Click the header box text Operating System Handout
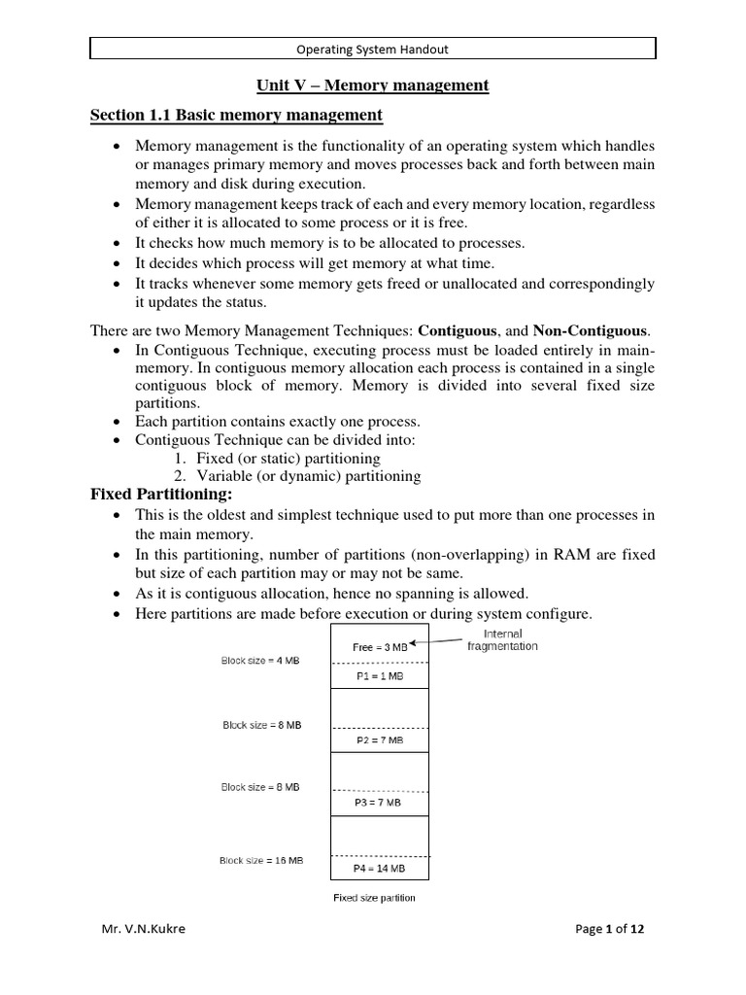(x=373, y=49)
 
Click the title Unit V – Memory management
(x=373, y=86)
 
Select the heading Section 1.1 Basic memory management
(x=236, y=117)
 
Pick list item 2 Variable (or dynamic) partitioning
(x=297, y=476)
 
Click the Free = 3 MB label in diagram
(x=374, y=646)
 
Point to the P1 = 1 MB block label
(x=379, y=676)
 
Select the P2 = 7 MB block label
(x=379, y=740)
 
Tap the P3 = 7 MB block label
(x=379, y=804)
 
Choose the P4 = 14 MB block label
(x=379, y=868)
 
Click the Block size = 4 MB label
(x=259, y=661)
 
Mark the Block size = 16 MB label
(x=260, y=860)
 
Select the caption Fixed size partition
(x=374, y=898)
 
